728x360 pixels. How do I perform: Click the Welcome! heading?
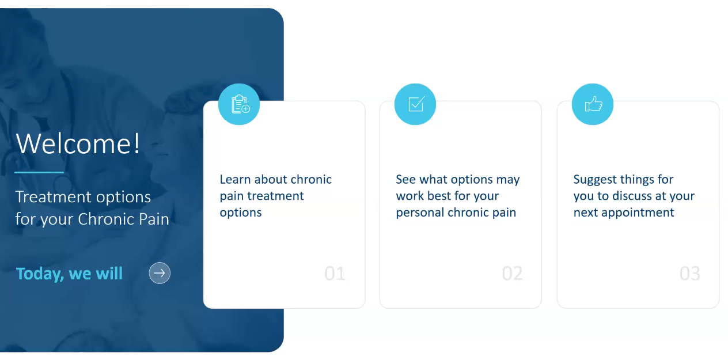tap(78, 143)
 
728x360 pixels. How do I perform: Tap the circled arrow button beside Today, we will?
tap(160, 272)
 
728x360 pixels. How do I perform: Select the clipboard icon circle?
tap(239, 104)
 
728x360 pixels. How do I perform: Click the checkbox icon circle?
tap(415, 104)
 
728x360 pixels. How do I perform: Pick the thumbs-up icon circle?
tap(593, 104)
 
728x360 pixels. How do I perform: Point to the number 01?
tap(335, 273)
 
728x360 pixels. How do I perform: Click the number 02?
tap(512, 273)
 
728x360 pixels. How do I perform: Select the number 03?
tap(689, 273)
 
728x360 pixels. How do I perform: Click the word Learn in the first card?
tap(235, 179)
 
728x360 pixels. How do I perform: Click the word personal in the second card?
tap(419, 213)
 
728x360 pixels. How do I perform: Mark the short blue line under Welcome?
tap(39, 172)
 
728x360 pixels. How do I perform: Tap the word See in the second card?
tap(405, 179)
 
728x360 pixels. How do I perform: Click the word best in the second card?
tap(439, 196)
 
